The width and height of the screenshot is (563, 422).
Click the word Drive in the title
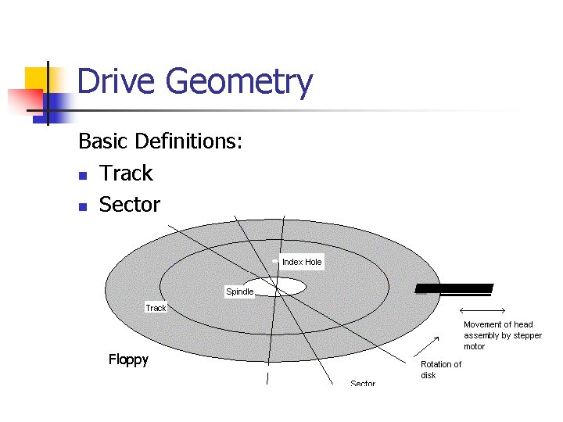click(x=117, y=82)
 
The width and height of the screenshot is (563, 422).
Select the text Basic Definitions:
click(x=160, y=141)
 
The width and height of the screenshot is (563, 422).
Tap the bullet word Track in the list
click(x=126, y=173)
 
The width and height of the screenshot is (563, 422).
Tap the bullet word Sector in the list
click(x=130, y=205)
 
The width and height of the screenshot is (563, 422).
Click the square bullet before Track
click(x=82, y=175)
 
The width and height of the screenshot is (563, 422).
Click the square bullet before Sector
click(x=82, y=207)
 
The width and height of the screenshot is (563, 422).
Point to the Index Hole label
click(x=302, y=262)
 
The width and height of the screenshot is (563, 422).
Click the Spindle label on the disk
click(x=239, y=291)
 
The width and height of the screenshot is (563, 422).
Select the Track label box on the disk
click(x=156, y=308)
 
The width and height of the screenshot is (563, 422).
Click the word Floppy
click(x=128, y=359)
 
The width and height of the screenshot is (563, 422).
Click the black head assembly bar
click(x=454, y=288)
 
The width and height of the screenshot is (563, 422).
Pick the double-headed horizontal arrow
click(x=482, y=312)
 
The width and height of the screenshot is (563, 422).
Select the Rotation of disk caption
click(x=440, y=370)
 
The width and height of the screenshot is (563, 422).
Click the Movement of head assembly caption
click(x=502, y=335)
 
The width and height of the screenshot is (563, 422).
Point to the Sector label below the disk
click(x=363, y=383)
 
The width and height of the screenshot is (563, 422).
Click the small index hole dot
click(x=274, y=261)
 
